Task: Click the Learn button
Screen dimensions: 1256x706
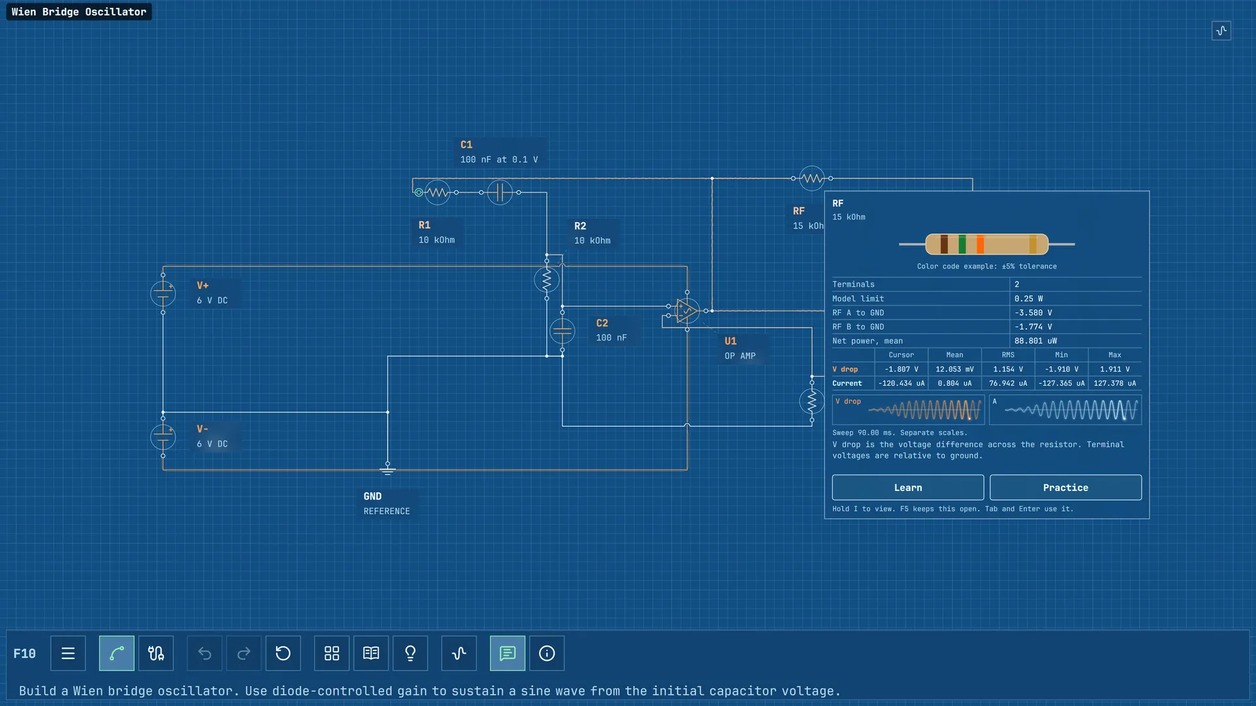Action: (x=907, y=488)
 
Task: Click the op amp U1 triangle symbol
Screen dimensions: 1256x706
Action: (x=687, y=311)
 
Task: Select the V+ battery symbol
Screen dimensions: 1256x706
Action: (x=163, y=294)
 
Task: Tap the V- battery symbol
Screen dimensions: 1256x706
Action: (x=163, y=437)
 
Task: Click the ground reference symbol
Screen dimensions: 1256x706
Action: (x=387, y=470)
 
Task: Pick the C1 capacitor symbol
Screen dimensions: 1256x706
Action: (x=500, y=192)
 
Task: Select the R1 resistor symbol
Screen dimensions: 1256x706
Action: (x=438, y=192)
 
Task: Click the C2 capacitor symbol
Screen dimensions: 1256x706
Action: (x=562, y=331)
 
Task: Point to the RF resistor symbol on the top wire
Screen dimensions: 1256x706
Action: (x=812, y=178)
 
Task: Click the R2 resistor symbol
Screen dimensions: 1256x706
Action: (x=547, y=280)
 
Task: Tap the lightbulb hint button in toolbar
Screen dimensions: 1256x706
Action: (x=410, y=653)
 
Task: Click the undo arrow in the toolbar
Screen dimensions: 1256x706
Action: (x=205, y=653)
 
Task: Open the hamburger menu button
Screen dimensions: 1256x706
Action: (x=68, y=653)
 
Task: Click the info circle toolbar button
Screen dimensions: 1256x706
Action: (x=547, y=653)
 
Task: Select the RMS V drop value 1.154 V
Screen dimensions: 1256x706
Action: (x=1008, y=369)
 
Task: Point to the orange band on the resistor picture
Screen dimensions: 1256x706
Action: (x=980, y=244)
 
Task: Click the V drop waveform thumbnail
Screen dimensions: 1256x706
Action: (x=908, y=410)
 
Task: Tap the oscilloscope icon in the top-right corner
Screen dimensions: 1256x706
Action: (x=1221, y=31)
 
